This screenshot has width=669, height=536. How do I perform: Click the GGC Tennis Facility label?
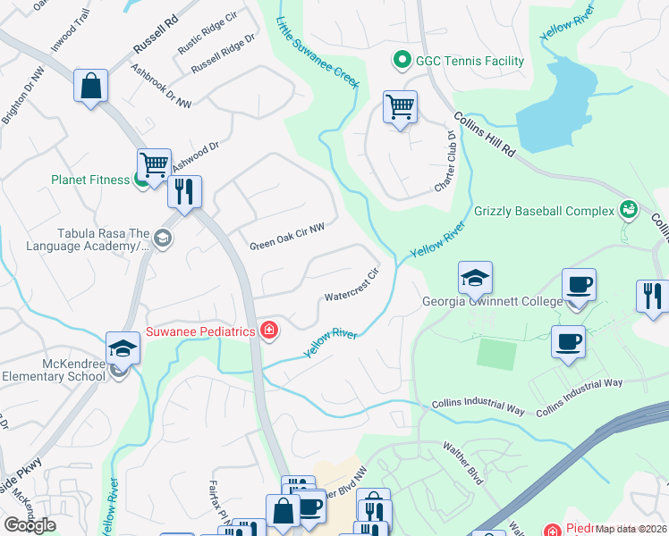point(470,61)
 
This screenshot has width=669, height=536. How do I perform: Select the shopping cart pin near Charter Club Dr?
point(400,108)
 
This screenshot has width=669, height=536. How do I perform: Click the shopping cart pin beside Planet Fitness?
point(154,165)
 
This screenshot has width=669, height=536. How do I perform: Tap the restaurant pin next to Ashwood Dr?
point(184,191)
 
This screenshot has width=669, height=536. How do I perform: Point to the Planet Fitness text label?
point(90,180)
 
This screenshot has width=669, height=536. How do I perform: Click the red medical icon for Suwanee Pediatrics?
point(268,331)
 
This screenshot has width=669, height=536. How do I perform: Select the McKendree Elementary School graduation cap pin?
point(123,348)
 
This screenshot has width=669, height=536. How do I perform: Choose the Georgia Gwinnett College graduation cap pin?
point(475,279)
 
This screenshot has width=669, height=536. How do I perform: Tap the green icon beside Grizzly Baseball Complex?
point(630,211)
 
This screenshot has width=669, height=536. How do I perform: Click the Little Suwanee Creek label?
point(317,52)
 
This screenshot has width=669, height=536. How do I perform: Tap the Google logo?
point(30,525)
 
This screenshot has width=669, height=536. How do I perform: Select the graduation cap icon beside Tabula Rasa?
point(162,238)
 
